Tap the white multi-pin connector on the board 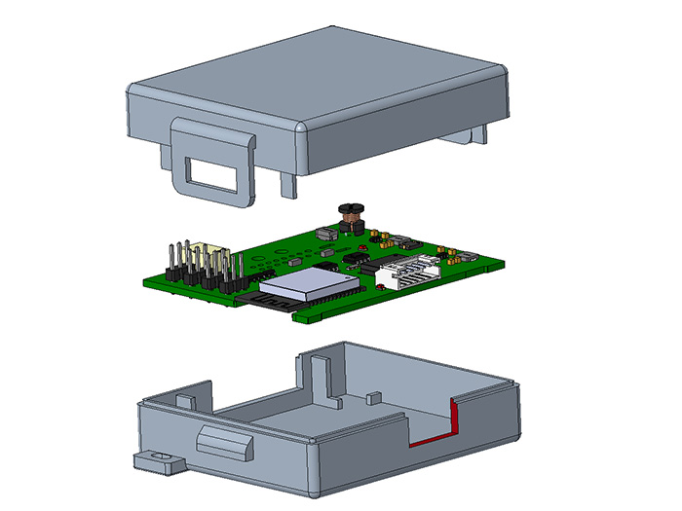point(409,273)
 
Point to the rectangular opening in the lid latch point(212,175)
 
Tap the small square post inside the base point(372,397)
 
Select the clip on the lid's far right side point(472,134)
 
